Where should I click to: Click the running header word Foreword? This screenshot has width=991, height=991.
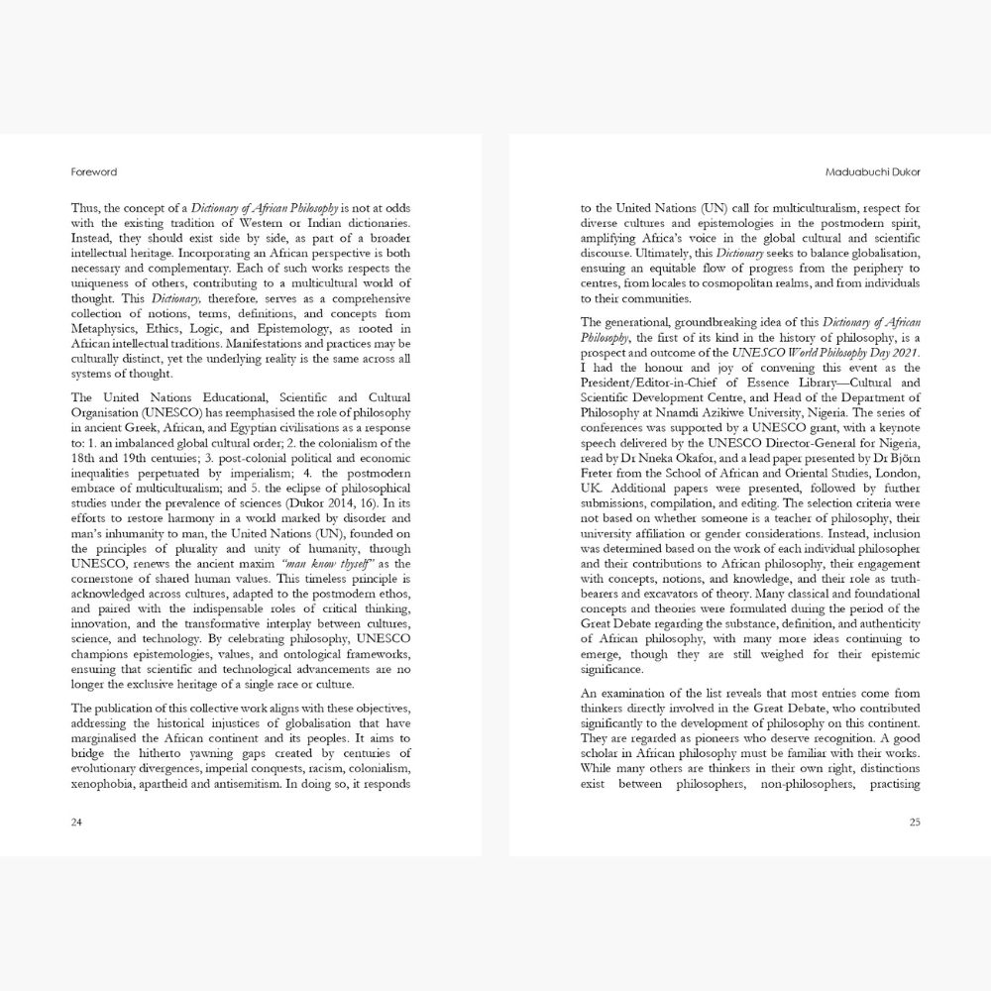[x=94, y=171]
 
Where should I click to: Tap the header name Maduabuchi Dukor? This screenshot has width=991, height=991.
[x=875, y=171]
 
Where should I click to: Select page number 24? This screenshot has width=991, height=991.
[x=77, y=822]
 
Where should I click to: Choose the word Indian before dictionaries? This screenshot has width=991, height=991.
[x=316, y=223]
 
